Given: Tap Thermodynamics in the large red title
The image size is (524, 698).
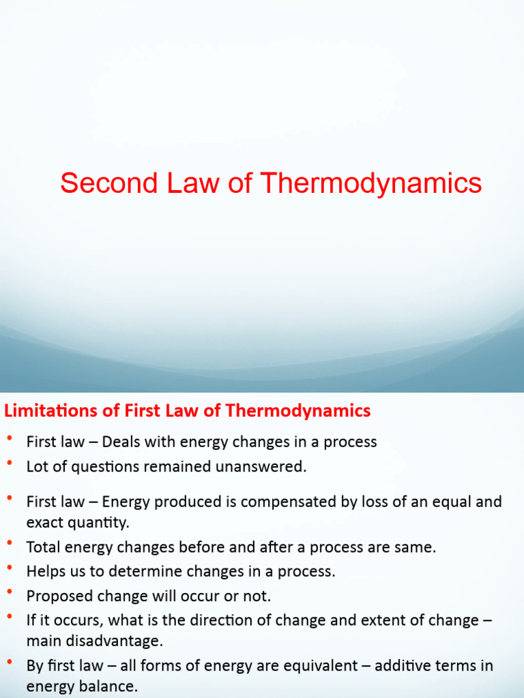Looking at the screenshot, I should coord(372,183).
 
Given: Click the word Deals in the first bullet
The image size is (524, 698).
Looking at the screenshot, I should coord(121,442).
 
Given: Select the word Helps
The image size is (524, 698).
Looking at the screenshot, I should coord(45,571).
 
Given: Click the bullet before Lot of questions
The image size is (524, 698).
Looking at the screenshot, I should coord(10,464).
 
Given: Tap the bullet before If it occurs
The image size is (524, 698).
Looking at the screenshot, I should coord(10,617).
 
